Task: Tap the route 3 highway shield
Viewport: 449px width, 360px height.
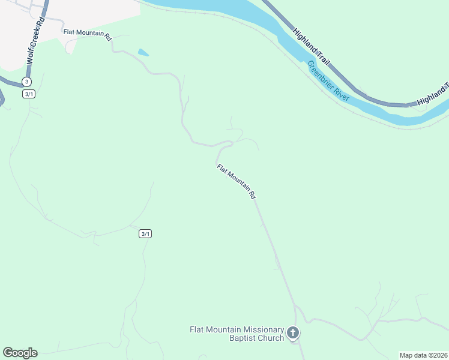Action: coord(26,82)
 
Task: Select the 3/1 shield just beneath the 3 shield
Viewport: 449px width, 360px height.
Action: coord(29,94)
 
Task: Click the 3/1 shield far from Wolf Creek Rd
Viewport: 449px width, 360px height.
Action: coord(145,233)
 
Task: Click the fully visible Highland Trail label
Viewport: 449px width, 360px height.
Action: coord(311,46)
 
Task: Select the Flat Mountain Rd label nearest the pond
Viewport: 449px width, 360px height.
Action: coord(88,35)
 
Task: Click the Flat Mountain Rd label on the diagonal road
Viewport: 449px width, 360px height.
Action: coord(237,181)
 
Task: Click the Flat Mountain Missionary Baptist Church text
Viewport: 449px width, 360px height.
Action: coord(237,334)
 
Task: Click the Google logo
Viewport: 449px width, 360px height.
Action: coord(20,353)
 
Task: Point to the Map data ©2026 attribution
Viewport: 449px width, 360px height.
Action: coord(423,355)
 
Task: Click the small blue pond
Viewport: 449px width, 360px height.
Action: coord(143,53)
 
